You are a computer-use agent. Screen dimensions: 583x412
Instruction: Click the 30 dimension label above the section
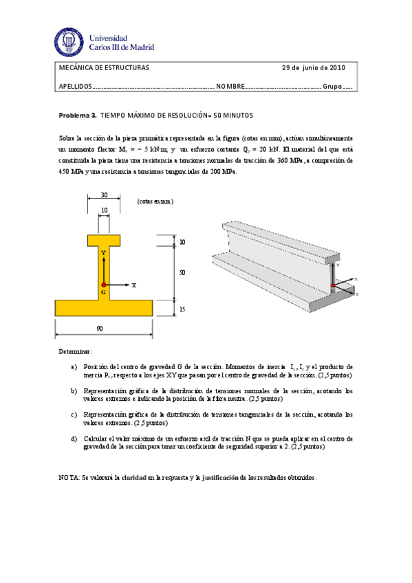pyautogui.click(x=103, y=194)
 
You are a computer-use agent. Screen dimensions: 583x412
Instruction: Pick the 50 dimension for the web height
pyautogui.click(x=182, y=273)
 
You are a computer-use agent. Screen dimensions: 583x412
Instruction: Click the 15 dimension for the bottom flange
pyautogui.click(x=182, y=310)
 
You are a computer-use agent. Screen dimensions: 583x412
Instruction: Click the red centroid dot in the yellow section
pyautogui.click(x=103, y=284)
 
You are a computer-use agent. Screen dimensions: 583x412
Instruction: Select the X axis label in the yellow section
pyautogui.click(x=133, y=284)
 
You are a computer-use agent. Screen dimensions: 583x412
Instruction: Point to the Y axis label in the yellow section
pyautogui.click(x=103, y=253)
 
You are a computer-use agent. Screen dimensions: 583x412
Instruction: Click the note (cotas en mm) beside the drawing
pyautogui.click(x=155, y=201)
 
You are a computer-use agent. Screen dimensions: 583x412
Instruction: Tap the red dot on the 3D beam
pyautogui.click(x=332, y=285)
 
